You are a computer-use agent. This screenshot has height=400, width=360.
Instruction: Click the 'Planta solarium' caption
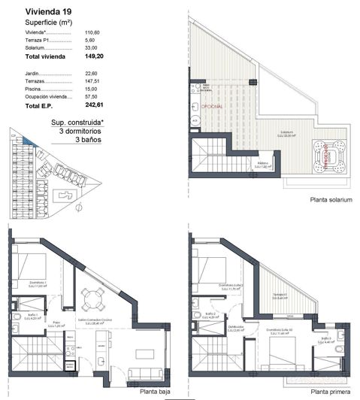pyautogui.click(x=330, y=201)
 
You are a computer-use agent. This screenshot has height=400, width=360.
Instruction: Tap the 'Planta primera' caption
pyautogui.click(x=330, y=392)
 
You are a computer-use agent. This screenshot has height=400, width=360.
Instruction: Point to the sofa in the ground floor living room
pyautogui.click(x=144, y=374)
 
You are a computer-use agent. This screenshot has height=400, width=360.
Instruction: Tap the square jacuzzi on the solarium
pyautogui.click(x=327, y=157)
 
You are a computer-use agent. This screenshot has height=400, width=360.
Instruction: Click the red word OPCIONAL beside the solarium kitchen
pyautogui.click(x=214, y=107)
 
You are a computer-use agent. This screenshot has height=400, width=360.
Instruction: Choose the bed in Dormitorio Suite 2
pyautogui.click(x=213, y=268)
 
